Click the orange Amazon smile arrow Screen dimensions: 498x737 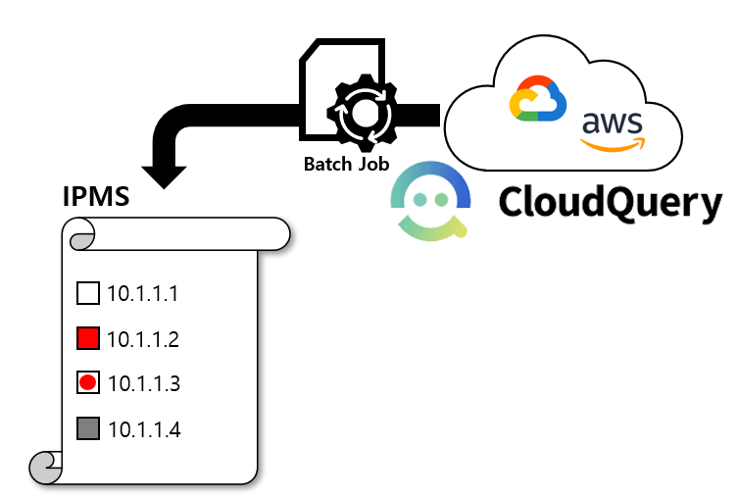[x=613, y=145]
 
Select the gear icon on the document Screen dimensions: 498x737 [x=366, y=115]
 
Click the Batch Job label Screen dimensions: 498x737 [x=346, y=164]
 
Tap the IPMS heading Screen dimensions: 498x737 [x=96, y=196]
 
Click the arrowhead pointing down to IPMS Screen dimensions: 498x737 [x=164, y=175]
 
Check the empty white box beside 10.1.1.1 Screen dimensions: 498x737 [x=88, y=293]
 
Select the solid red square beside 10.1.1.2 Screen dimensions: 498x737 [x=88, y=339]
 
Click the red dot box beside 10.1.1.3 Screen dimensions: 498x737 [x=88, y=383]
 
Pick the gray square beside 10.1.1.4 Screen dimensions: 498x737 [x=88, y=428]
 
